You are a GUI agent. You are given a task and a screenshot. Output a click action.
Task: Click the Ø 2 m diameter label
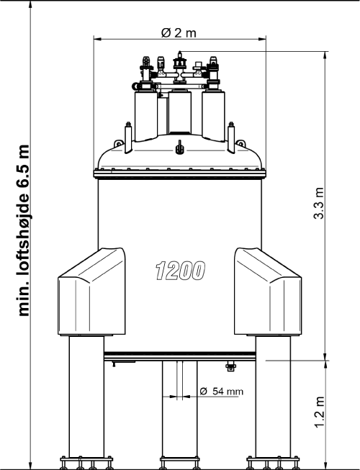click(x=179, y=32)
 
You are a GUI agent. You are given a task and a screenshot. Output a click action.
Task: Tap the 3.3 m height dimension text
click(x=319, y=203)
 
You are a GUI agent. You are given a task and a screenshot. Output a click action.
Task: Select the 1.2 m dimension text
click(x=320, y=412)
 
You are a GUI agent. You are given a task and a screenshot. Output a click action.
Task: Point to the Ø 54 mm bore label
click(x=221, y=391)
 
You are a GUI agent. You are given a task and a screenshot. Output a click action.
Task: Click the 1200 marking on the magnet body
click(x=181, y=271)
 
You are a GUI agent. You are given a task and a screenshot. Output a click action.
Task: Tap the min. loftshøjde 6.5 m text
click(x=24, y=230)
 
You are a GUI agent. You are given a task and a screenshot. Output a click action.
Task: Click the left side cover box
click(x=91, y=292)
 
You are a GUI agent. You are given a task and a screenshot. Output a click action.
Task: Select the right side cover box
click(x=268, y=292)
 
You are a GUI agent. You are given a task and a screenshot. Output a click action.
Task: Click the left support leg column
click(x=86, y=397)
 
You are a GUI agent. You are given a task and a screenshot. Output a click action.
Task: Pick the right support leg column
click(x=273, y=397)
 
